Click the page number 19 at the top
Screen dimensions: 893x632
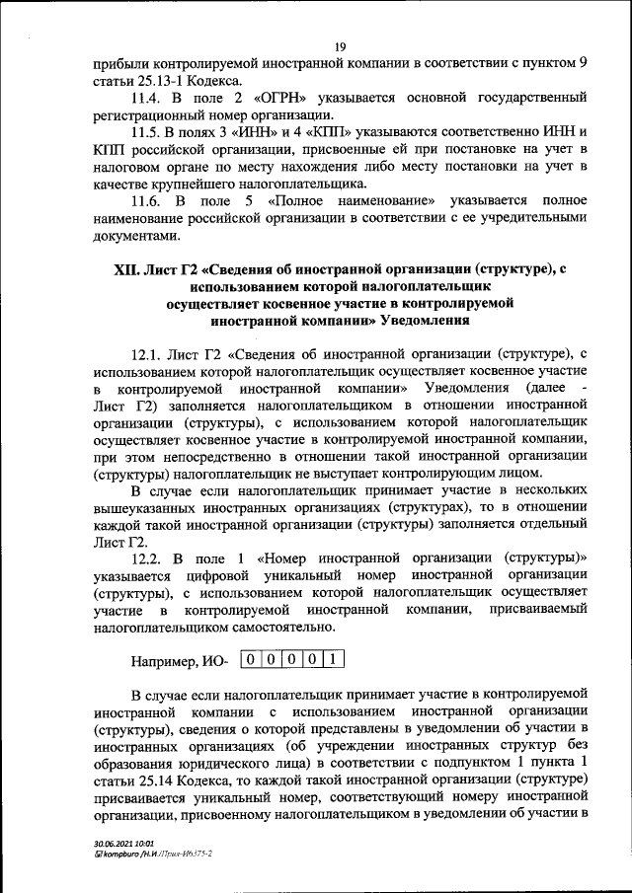(339, 46)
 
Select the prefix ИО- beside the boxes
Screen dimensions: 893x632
(218, 660)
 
